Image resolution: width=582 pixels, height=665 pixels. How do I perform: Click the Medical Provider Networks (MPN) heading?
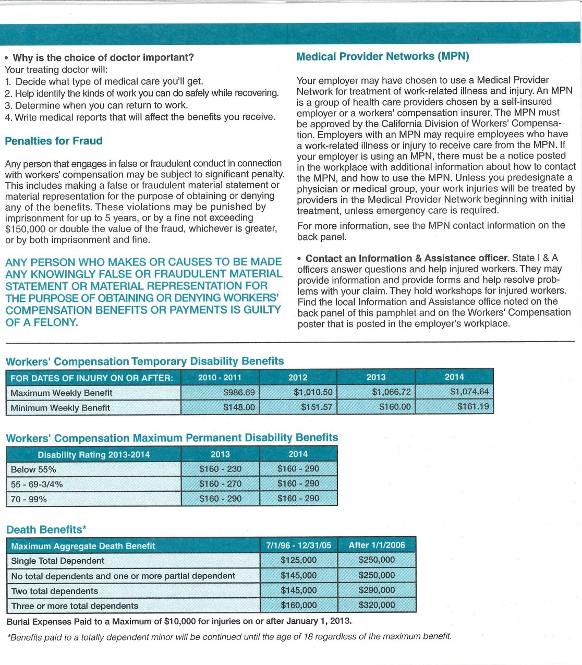(x=382, y=56)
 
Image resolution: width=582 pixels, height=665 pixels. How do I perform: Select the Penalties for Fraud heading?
(x=54, y=141)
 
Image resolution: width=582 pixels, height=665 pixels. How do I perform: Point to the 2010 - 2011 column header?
(x=220, y=377)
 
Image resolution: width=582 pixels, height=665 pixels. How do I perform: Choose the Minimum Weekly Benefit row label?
(x=60, y=408)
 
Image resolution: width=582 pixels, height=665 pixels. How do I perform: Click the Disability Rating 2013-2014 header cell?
(x=93, y=455)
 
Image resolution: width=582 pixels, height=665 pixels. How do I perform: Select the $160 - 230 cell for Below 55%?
(x=220, y=469)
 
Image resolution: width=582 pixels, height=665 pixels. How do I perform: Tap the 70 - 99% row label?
(x=29, y=499)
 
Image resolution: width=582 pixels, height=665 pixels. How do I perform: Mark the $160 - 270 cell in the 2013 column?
(x=220, y=483)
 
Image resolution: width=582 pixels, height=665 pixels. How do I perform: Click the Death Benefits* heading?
(x=46, y=529)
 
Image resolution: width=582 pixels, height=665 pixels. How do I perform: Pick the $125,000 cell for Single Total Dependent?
(x=298, y=560)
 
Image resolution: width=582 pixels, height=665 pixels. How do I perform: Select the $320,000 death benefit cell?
(x=377, y=605)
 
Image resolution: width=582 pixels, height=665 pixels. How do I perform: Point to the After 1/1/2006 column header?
(x=377, y=545)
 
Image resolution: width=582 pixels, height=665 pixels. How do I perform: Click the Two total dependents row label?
(x=55, y=591)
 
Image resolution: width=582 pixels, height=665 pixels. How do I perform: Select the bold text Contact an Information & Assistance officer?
(x=407, y=258)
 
